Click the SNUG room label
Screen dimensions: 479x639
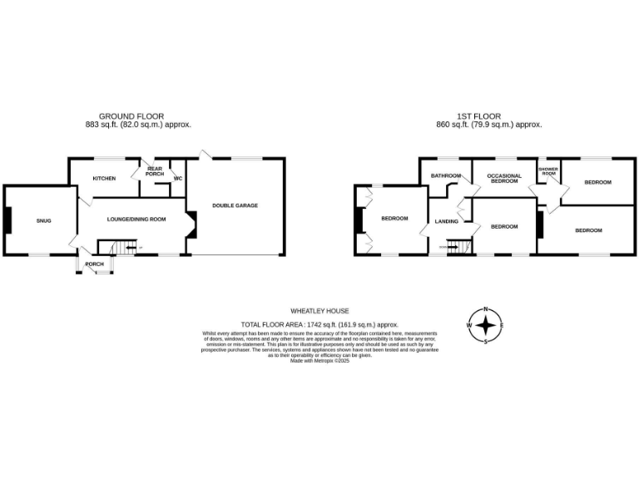(x=44, y=220)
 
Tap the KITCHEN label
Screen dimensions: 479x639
(x=104, y=179)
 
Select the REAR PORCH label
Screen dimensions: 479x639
(x=155, y=171)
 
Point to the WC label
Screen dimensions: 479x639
(x=178, y=179)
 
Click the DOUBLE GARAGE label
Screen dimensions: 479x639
(x=235, y=205)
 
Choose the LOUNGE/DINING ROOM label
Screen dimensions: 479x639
(x=136, y=220)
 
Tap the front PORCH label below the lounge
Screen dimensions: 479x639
(x=95, y=264)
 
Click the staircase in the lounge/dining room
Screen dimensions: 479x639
(x=116, y=247)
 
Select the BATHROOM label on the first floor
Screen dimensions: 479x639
(x=445, y=175)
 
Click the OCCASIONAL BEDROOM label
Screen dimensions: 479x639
(x=503, y=178)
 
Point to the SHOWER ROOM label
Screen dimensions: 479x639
(x=547, y=171)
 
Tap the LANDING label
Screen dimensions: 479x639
(x=446, y=221)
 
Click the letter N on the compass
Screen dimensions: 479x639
(x=486, y=309)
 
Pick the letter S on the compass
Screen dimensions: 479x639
(x=486, y=340)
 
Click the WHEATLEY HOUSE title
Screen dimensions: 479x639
(x=319, y=309)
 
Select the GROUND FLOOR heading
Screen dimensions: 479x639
(x=131, y=116)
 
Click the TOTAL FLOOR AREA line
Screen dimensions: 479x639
(x=319, y=323)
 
